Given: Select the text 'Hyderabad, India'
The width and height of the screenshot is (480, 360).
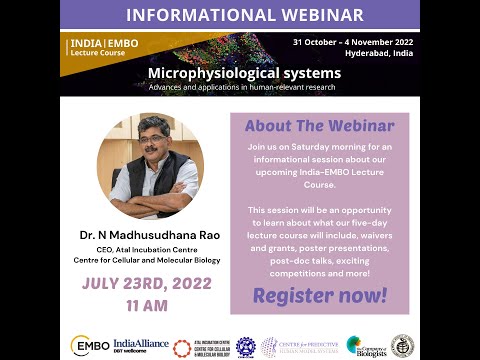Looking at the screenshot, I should point(381,55).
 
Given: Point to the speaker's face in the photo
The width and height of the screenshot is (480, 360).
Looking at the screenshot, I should point(149,146).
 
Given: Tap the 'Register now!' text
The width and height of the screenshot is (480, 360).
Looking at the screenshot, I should point(319,295).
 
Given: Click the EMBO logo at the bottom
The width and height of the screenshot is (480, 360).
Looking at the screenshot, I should point(89,345).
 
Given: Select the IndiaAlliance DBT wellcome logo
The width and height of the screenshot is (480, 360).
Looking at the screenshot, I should point(140,345).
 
